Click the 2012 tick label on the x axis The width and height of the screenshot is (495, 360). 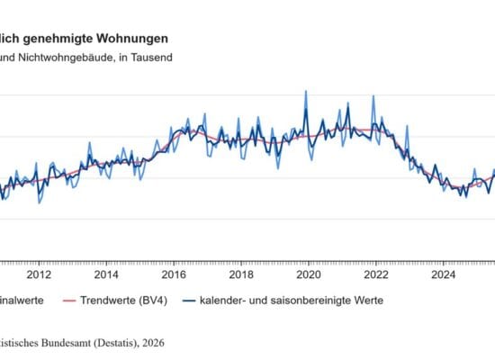pos(39,274)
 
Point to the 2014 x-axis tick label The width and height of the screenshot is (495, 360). pos(106,274)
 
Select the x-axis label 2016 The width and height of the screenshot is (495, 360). pos(174,274)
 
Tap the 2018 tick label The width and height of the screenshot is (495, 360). pos(241,274)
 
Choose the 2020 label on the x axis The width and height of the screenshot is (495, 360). pos(309,274)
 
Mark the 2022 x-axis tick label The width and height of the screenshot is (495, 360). pos(376,274)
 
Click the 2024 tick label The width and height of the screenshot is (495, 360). pos(444,274)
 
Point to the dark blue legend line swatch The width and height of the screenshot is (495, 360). pos(188,302)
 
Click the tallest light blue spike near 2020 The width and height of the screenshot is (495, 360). pos(306,91)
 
